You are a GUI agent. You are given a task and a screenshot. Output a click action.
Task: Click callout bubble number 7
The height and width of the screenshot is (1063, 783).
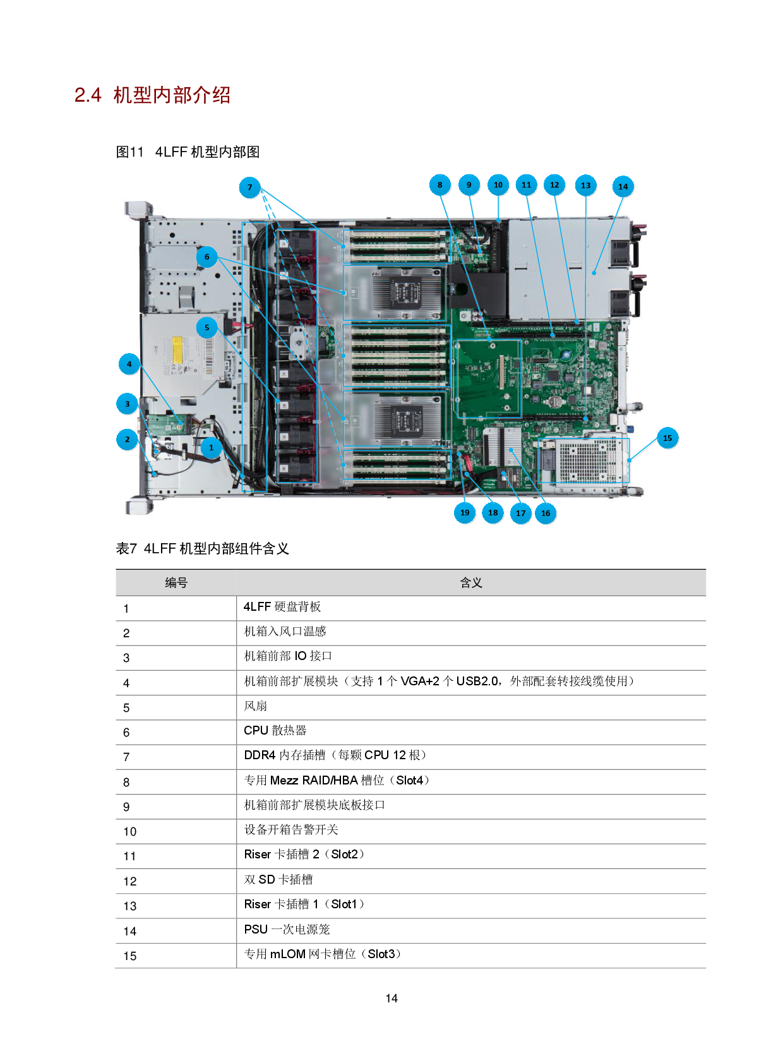(x=250, y=187)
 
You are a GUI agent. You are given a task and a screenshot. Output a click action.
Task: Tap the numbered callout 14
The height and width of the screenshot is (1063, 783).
(x=623, y=186)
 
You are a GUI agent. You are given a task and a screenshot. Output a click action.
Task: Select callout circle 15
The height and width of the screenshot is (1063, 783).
(x=667, y=438)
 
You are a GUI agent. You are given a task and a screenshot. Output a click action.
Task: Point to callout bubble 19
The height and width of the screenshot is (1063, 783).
(x=465, y=512)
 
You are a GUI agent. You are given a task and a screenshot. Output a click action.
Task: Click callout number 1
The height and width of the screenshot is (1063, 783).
(x=212, y=447)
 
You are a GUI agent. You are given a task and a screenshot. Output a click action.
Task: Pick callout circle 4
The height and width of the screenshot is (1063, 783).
(x=129, y=364)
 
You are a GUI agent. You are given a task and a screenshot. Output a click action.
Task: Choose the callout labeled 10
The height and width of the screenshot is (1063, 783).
(x=498, y=185)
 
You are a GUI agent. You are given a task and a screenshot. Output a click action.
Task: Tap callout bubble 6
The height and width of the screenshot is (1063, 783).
(x=206, y=256)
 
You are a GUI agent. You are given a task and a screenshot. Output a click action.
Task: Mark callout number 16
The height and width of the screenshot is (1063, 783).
(x=546, y=513)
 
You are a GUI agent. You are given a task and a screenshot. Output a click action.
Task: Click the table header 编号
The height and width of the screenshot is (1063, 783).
(x=176, y=582)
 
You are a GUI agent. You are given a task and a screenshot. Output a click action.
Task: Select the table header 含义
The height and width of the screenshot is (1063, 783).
(x=471, y=582)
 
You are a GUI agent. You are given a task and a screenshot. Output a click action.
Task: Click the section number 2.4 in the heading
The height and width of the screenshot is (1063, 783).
(x=88, y=95)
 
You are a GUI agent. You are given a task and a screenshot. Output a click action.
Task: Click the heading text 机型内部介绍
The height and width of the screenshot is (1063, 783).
(x=172, y=95)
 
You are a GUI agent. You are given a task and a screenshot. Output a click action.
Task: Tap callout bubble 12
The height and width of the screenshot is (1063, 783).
(x=554, y=185)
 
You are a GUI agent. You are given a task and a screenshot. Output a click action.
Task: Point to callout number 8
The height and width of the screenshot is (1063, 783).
(x=440, y=185)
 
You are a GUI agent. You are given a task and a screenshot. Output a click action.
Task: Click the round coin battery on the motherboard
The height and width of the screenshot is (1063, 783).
(x=554, y=400)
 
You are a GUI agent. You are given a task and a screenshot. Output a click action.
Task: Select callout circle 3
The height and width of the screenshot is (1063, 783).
(x=127, y=404)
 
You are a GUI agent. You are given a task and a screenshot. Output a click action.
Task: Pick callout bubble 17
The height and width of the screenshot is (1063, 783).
(x=520, y=513)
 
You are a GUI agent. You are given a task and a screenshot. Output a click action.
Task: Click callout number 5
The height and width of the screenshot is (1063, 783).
(x=206, y=327)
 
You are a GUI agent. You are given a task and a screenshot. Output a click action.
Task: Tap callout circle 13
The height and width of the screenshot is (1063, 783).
(x=586, y=186)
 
